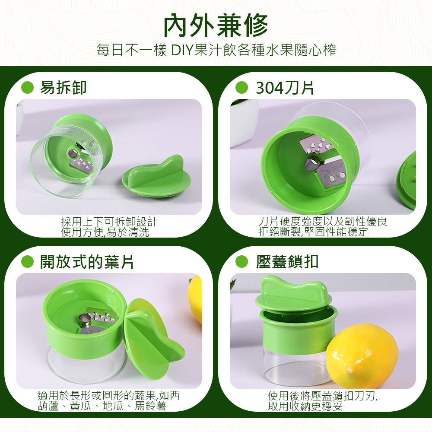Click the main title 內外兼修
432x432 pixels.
point(216,26)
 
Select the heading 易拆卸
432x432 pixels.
point(64,88)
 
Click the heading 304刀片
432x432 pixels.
point(285,88)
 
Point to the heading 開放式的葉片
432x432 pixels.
point(87,261)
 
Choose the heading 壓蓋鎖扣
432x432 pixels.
point(287,261)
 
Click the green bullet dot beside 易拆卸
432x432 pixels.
point(27,88)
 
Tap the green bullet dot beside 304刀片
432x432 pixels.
point(241,88)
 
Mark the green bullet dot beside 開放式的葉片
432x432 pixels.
point(27,261)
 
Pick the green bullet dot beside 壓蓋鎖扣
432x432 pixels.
point(241,261)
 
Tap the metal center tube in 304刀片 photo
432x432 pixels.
point(311,164)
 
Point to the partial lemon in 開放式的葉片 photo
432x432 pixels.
point(195,299)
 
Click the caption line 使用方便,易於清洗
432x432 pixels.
point(105,232)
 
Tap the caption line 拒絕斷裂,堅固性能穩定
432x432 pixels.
point(313,232)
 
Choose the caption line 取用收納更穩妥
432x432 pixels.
point(305,406)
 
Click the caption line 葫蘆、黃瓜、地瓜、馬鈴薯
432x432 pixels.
point(102,406)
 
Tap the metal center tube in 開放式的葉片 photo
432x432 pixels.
point(84,320)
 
